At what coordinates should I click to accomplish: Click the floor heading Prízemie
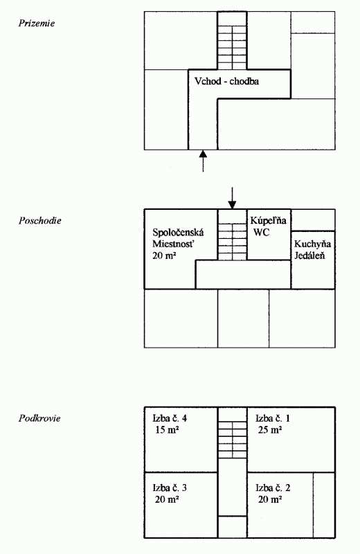click(37, 24)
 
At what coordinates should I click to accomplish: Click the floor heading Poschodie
click(40, 221)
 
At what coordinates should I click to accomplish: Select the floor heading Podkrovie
click(39, 418)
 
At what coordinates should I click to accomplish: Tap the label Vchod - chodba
click(227, 81)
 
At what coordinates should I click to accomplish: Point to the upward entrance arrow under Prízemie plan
click(203, 161)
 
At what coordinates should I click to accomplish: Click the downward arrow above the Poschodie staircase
click(232, 198)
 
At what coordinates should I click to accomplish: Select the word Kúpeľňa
click(268, 221)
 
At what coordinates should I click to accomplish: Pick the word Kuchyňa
click(313, 244)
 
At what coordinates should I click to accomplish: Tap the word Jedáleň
click(310, 256)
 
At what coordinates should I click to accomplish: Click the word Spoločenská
click(178, 233)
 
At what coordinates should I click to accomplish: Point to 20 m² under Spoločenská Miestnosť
click(164, 256)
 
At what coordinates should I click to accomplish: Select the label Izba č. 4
click(170, 418)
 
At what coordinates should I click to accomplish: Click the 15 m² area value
click(166, 430)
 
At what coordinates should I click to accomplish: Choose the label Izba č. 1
click(273, 418)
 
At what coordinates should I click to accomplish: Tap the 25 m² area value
click(270, 430)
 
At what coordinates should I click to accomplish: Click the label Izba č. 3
click(170, 488)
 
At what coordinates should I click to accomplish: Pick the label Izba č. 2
click(273, 488)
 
